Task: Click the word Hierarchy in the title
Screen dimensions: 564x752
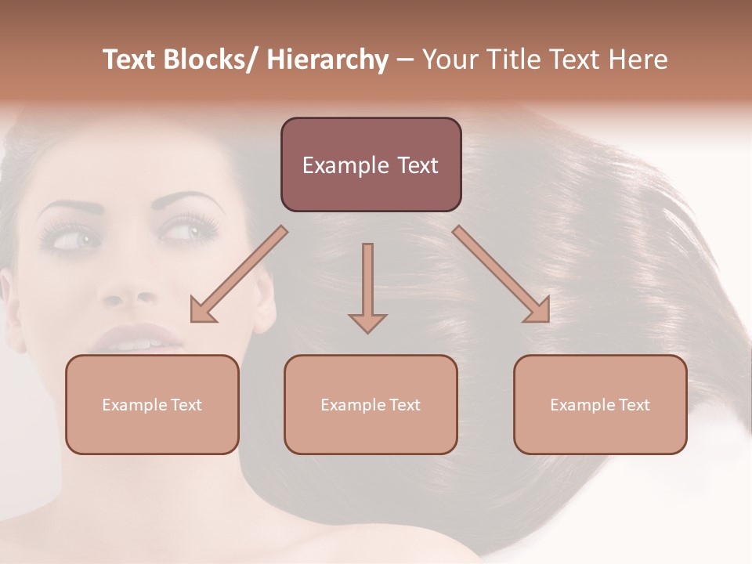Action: (x=327, y=60)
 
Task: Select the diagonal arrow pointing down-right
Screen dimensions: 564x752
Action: (x=502, y=275)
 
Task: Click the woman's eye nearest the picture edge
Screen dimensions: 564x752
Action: (x=66, y=237)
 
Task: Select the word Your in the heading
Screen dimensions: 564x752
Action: (x=450, y=60)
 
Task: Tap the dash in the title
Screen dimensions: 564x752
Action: (x=405, y=60)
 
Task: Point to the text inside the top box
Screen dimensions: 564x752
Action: (x=371, y=165)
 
